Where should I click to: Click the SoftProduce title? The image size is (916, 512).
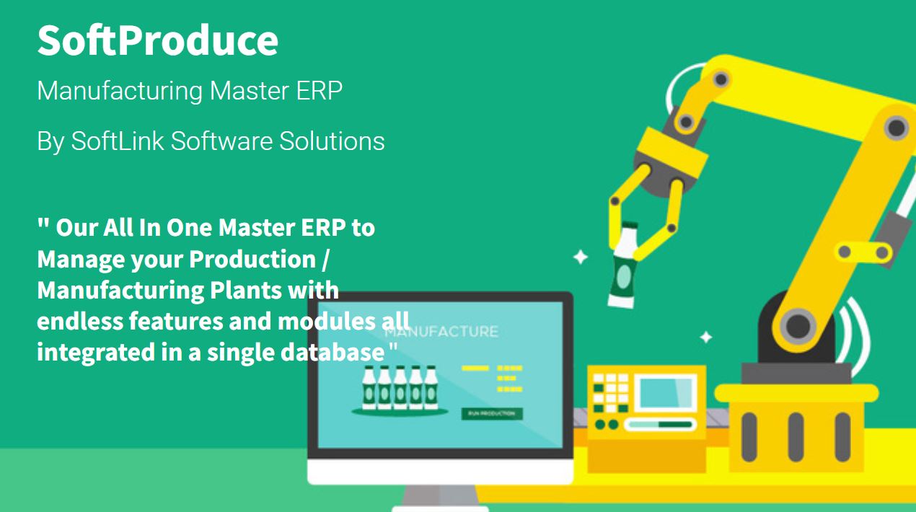click(x=157, y=40)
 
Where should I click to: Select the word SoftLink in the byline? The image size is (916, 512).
click(x=118, y=141)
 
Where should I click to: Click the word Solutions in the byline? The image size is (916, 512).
click(x=332, y=141)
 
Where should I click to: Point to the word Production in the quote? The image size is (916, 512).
click(x=252, y=260)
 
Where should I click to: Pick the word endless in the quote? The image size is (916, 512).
click(x=80, y=321)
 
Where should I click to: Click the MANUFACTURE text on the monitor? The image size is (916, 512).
click(x=441, y=331)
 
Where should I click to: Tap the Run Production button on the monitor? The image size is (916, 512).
click(x=492, y=413)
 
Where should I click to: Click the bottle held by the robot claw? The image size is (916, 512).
click(x=623, y=265)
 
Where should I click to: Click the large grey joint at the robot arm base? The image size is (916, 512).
click(x=798, y=326)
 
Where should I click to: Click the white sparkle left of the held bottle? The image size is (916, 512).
click(x=581, y=257)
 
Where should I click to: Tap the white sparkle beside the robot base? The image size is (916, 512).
click(x=706, y=337)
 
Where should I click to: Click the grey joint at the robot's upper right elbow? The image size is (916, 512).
click(x=897, y=128)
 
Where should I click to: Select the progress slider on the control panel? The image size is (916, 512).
click(x=660, y=425)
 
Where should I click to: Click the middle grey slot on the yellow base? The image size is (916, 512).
click(x=796, y=437)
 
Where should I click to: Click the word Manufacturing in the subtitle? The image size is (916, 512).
click(x=120, y=91)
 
